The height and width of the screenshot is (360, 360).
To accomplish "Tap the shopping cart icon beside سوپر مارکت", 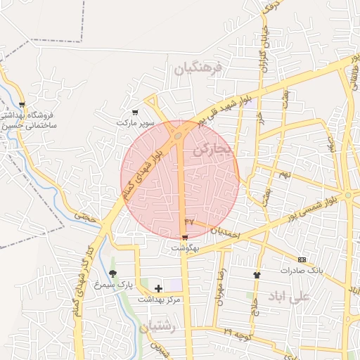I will pyautogui.click(x=135, y=112).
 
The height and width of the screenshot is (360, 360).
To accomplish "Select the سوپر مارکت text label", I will pyautogui.click(x=135, y=122).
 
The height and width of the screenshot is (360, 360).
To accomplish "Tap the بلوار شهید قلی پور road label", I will pyautogui.click(x=223, y=109).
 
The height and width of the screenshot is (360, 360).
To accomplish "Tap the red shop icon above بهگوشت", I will pyautogui.click(x=185, y=238).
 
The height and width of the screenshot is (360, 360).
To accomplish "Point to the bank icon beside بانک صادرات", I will pyautogui.click(x=302, y=259).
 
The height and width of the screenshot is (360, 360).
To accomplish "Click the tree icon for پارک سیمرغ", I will pyautogui.click(x=112, y=274).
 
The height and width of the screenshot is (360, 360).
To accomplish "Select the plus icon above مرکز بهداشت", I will pyautogui.click(x=158, y=288).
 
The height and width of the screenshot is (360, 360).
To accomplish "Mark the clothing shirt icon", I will pyautogui.click(x=257, y=275).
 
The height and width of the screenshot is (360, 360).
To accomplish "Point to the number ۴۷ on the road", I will pyautogui.click(x=188, y=222).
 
